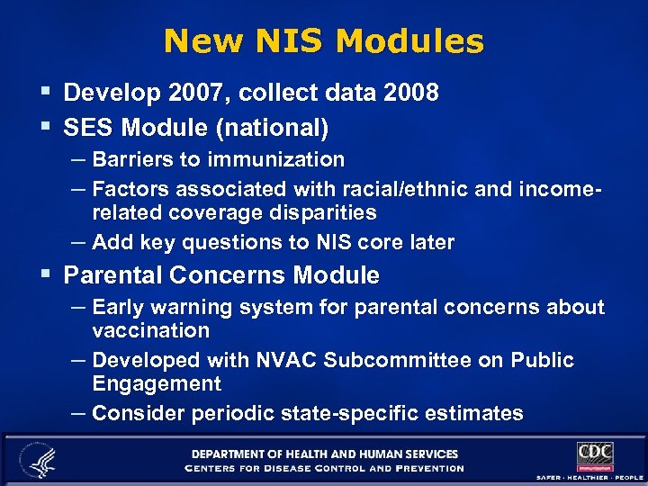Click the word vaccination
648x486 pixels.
150,330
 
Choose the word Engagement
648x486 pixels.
156,384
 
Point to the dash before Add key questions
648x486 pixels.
78,241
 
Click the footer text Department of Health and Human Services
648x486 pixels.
324,454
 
